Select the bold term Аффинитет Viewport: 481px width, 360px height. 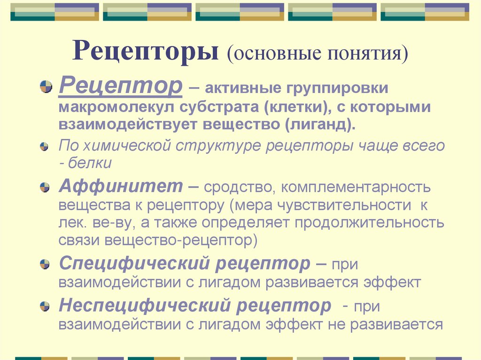coord(121,186)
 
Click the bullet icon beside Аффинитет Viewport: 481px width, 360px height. coord(45,187)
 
